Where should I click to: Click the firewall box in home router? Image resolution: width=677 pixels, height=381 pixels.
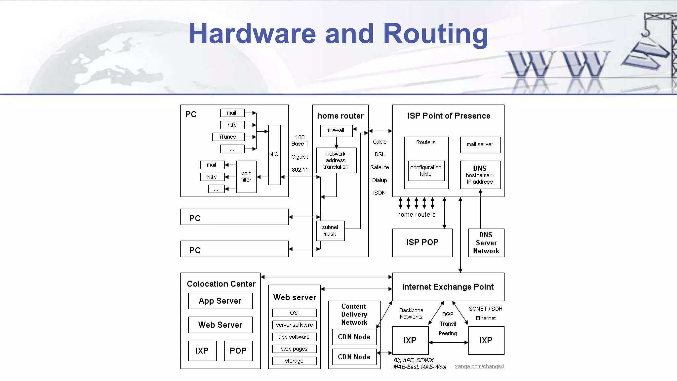click(336, 131)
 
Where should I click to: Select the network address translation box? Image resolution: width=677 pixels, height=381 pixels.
click(336, 160)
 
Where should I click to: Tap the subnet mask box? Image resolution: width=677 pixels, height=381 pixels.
click(330, 231)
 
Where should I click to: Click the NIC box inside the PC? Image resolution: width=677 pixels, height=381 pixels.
click(274, 154)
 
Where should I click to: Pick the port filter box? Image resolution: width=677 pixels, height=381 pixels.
click(246, 177)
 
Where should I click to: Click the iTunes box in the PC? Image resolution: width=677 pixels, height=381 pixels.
click(228, 137)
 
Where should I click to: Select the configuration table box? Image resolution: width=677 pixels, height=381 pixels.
click(426, 171)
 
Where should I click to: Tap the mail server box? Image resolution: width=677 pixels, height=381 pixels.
click(480, 145)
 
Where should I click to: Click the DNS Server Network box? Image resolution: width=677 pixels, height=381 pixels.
click(486, 243)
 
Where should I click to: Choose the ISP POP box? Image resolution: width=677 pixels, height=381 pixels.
click(422, 242)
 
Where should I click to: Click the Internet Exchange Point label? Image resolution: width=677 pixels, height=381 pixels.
click(448, 287)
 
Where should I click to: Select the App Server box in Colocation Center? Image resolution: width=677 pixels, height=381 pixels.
click(220, 301)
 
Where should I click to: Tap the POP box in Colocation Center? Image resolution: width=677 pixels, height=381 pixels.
click(238, 351)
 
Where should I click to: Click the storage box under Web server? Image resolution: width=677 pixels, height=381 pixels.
click(294, 361)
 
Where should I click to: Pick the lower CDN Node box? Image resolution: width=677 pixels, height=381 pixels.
click(354, 357)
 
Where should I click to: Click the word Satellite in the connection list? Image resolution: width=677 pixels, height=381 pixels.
click(379, 167)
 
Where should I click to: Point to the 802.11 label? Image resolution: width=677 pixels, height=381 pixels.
click(299, 170)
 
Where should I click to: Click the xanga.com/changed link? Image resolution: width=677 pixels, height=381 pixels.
click(479, 366)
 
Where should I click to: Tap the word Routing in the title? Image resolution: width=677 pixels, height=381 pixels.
click(435, 34)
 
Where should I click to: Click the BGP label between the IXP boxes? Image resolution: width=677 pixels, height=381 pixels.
click(448, 314)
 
